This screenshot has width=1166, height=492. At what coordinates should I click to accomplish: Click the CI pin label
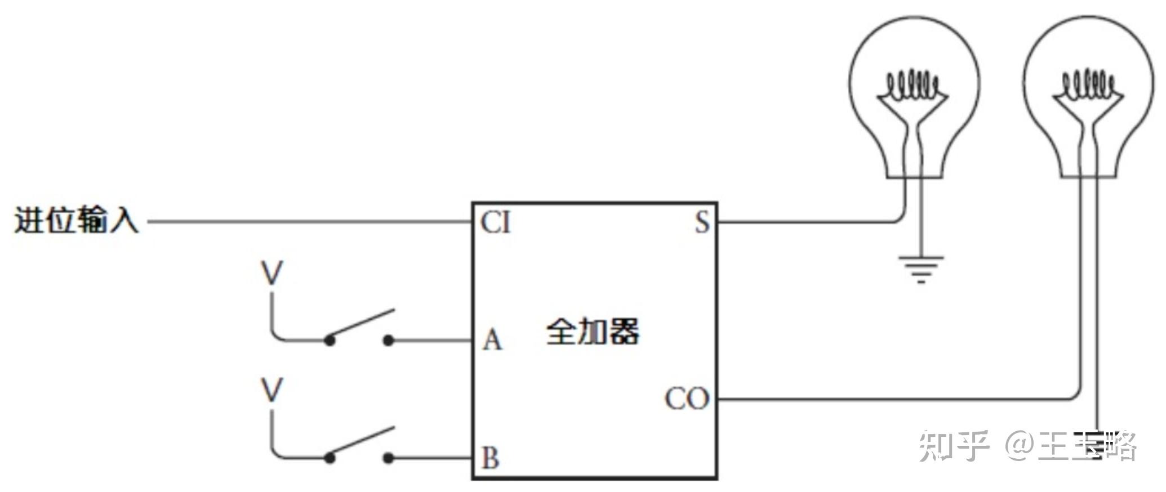click(x=495, y=222)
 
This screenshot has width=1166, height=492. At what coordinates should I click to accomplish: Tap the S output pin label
click(x=702, y=222)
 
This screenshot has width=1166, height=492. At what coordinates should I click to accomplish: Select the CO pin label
click(x=686, y=399)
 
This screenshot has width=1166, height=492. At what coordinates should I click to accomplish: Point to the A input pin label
click(x=492, y=340)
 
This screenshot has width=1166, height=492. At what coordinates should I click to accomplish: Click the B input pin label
click(x=490, y=458)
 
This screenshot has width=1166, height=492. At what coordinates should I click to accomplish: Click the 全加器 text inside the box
click(x=593, y=332)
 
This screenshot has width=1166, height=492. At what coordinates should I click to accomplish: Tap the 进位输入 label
click(x=76, y=220)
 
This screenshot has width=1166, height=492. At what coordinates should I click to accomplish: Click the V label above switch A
click(x=272, y=274)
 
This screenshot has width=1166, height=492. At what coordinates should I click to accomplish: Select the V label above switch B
click(x=272, y=390)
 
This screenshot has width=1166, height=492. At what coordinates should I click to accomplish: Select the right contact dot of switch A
click(x=389, y=341)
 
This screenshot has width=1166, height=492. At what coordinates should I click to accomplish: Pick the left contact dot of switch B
click(x=330, y=458)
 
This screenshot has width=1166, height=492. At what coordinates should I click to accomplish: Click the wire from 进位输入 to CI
click(x=310, y=222)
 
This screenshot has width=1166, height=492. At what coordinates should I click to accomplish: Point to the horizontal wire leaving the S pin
click(x=805, y=222)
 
